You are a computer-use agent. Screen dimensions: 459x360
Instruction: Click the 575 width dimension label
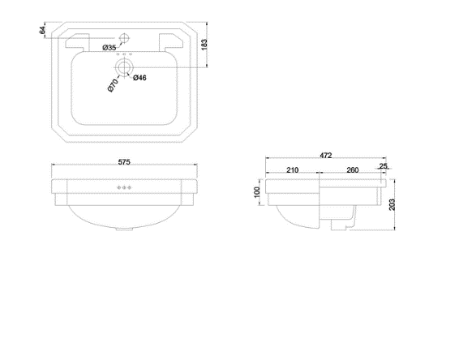coord(124,162)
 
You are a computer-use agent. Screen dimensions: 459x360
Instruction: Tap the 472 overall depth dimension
coord(325,156)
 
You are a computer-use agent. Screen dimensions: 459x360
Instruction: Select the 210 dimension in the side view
coord(293,169)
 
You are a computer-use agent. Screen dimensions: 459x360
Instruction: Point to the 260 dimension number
coord(353,169)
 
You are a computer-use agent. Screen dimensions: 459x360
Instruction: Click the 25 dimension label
coord(384,166)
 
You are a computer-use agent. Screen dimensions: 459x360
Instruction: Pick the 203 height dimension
coord(392,204)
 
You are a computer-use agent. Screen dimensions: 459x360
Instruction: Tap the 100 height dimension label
coord(257,192)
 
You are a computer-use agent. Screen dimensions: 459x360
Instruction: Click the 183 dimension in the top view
coord(204,45)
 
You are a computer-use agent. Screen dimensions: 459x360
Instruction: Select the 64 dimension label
coord(42,30)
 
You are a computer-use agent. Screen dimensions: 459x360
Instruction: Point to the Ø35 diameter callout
coord(109,47)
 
